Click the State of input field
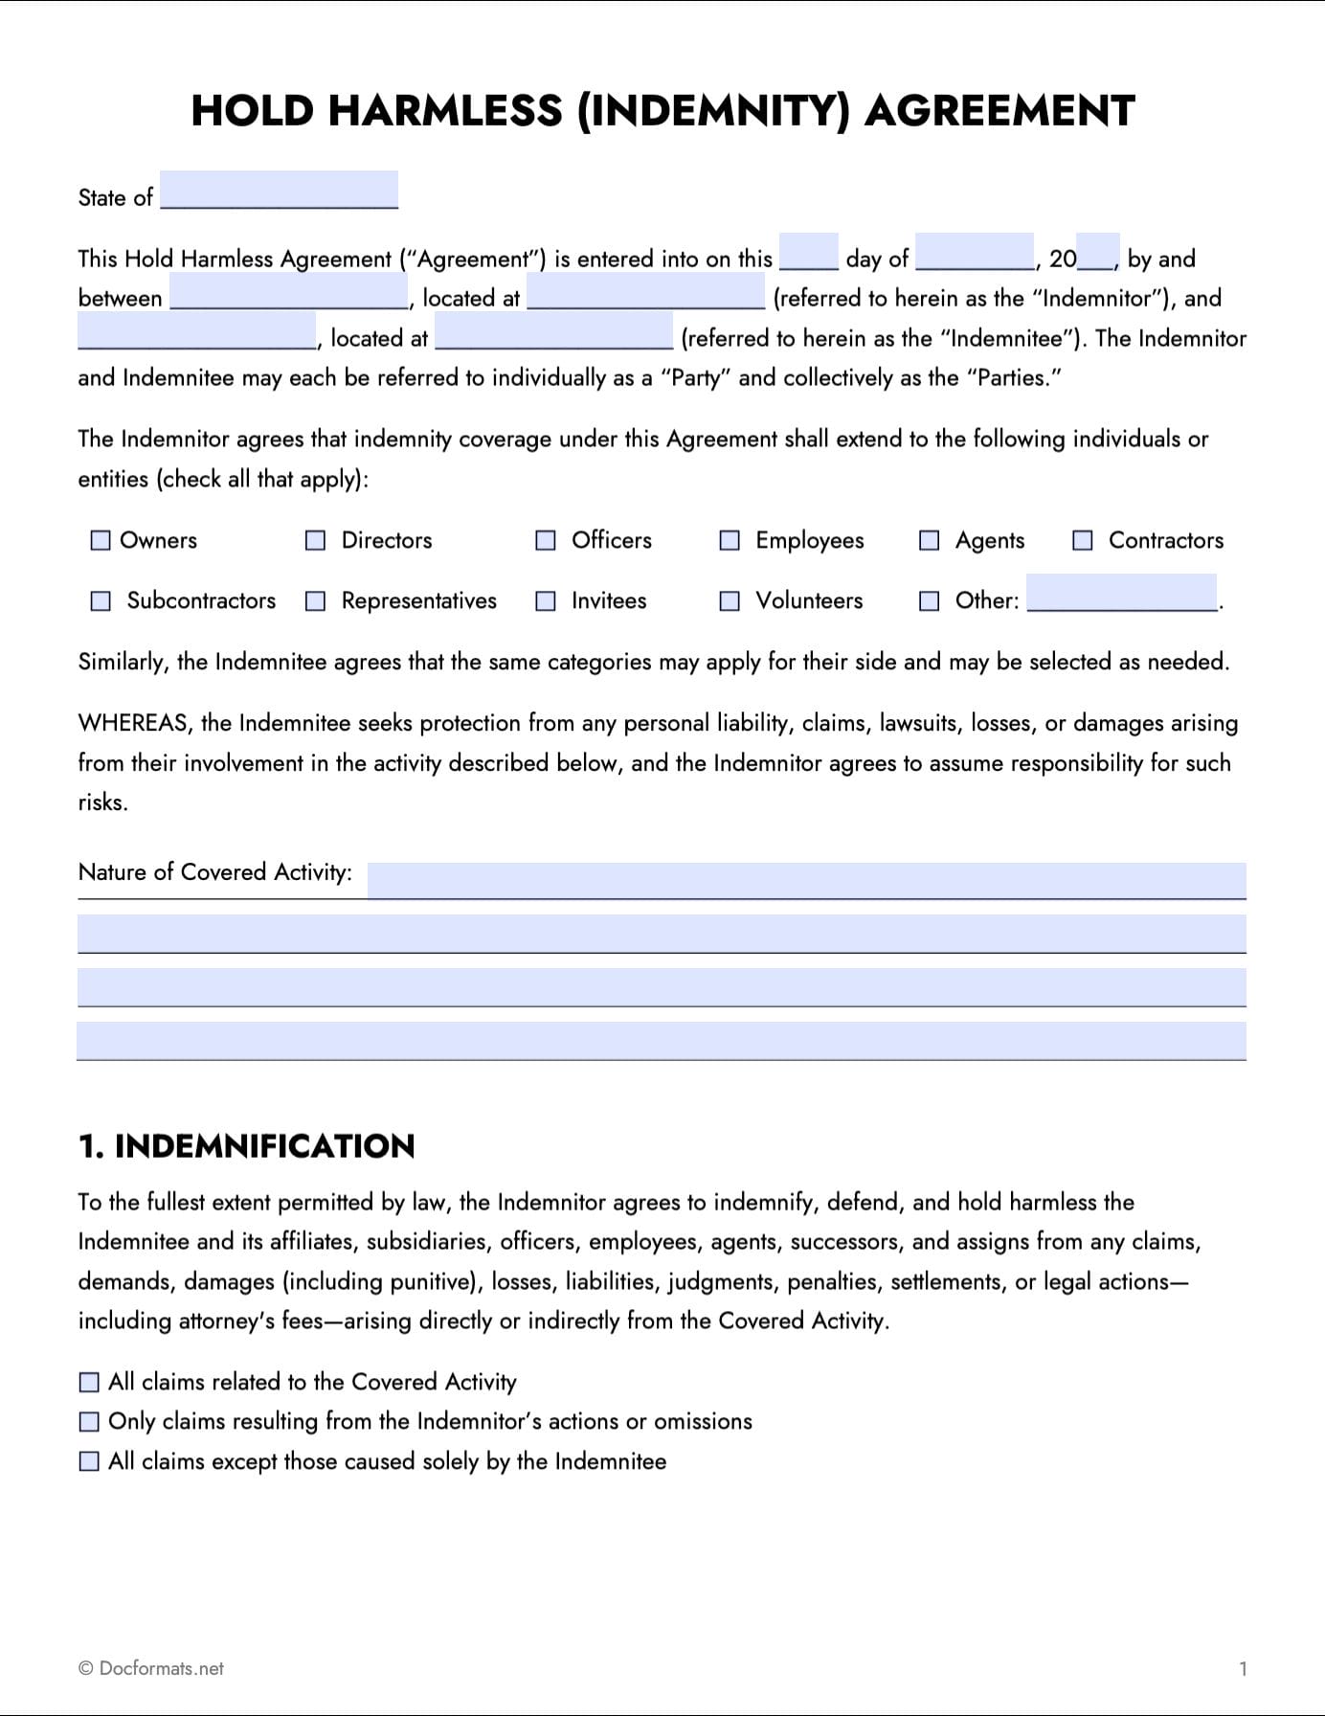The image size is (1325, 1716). point(279,190)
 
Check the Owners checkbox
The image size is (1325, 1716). point(101,541)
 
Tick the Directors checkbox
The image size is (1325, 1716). point(315,541)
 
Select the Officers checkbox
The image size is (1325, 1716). point(546,541)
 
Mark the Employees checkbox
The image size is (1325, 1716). point(730,541)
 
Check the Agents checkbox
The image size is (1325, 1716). point(929,541)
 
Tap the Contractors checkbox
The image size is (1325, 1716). point(1082,541)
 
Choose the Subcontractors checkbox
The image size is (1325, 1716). point(101,601)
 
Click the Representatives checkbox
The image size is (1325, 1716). point(315,601)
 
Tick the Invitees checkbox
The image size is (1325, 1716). point(546,601)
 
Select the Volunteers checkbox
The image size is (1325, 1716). point(730,601)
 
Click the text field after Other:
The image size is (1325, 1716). point(1121,593)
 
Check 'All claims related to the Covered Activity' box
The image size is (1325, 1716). point(89,1382)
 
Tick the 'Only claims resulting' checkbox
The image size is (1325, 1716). point(89,1422)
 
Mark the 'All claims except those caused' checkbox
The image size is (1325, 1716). point(89,1461)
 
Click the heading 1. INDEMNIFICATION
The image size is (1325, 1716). point(246,1146)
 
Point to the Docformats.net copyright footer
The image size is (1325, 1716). point(150,1668)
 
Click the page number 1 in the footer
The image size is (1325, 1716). point(1243,1669)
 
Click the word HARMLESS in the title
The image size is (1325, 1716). point(445,111)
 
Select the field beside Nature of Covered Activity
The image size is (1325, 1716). point(806,880)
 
